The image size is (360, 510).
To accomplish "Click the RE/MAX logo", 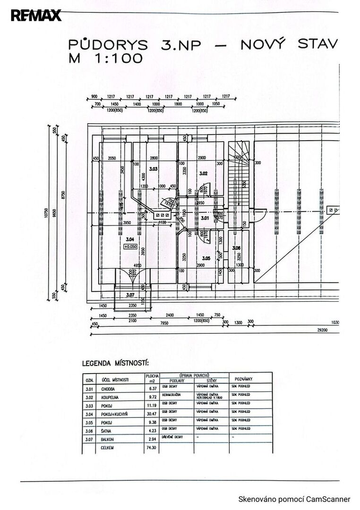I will [x=36, y=16].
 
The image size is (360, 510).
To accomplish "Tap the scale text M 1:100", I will [x=105, y=59].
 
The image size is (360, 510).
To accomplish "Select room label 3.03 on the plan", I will [x=153, y=169].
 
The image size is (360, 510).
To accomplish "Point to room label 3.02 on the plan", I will [x=204, y=173].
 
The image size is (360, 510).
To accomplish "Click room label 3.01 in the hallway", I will [x=205, y=218].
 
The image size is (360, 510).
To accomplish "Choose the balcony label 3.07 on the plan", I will [x=130, y=296].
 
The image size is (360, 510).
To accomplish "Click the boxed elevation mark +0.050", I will [x=131, y=246].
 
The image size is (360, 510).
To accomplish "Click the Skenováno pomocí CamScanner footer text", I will [x=294, y=499].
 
